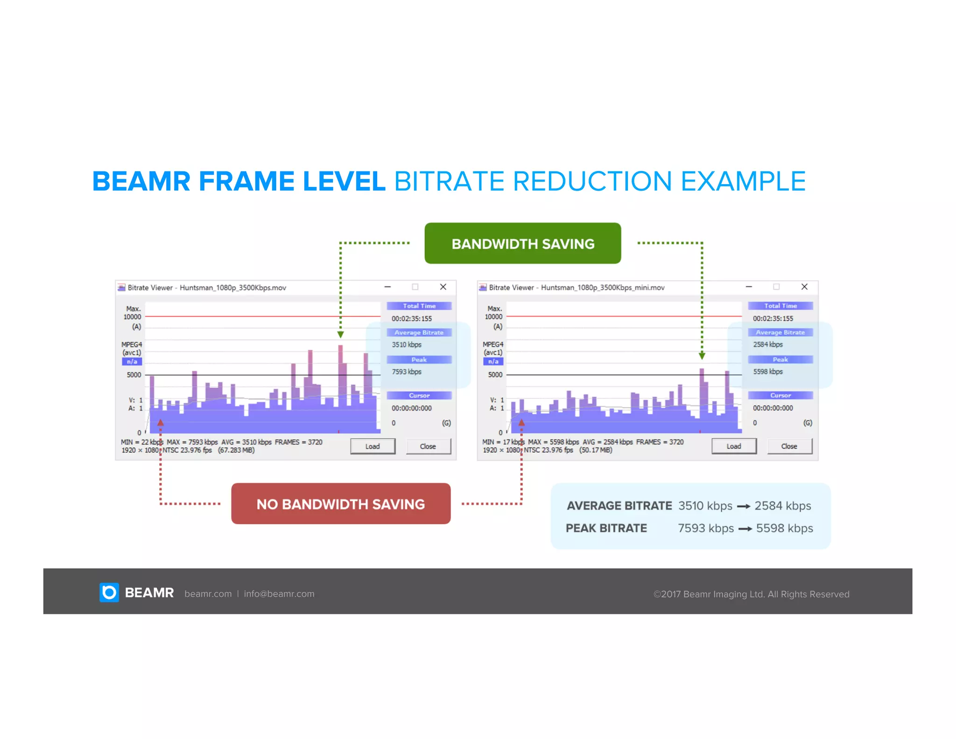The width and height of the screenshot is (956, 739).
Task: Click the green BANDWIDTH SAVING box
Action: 522,243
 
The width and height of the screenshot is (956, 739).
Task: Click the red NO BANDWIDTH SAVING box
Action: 341,504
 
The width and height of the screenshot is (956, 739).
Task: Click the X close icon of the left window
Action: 443,287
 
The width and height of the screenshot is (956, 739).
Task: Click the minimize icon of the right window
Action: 749,287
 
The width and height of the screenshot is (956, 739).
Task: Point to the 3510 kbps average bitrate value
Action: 406,345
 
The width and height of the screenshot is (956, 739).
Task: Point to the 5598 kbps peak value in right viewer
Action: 767,372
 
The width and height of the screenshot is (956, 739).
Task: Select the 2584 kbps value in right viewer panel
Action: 767,345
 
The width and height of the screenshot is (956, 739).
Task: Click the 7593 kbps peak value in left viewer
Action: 406,372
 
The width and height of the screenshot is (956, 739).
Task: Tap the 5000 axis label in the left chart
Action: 134,375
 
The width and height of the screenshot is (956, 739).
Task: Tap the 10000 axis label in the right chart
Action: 493,317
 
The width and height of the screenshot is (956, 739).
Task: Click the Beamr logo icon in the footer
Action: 109,592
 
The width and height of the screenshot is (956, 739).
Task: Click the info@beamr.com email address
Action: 279,594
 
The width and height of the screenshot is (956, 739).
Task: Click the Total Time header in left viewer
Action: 419,306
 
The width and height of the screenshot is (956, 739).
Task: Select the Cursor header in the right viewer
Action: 780,396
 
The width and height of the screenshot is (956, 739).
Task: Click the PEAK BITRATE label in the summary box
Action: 606,528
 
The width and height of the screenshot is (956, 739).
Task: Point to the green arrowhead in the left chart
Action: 340,334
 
